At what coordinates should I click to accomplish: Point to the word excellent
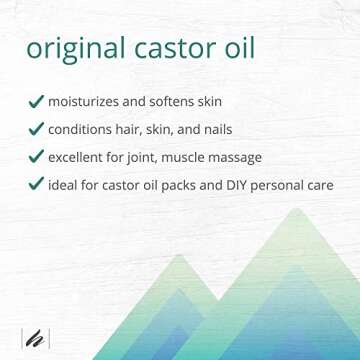(x=82, y=156)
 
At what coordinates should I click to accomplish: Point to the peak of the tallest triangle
(x=295, y=210)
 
